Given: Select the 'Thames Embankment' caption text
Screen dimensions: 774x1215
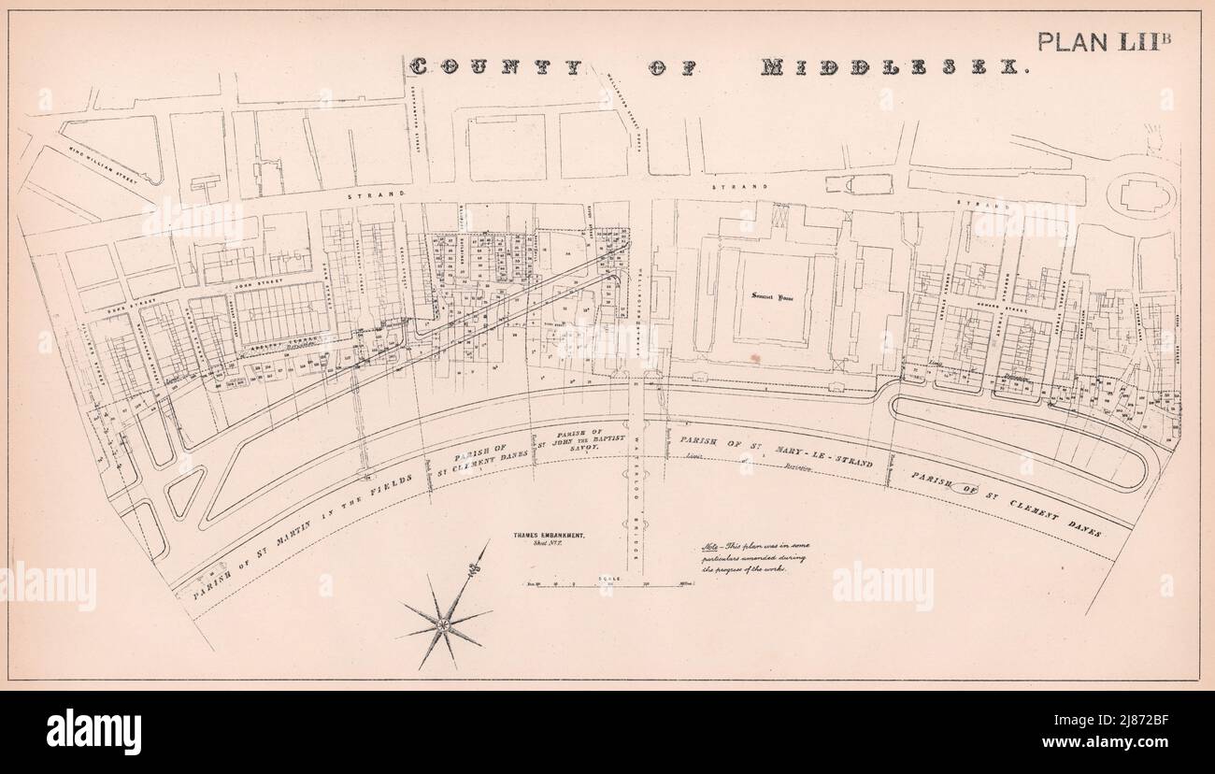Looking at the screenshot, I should tap(549, 535).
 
